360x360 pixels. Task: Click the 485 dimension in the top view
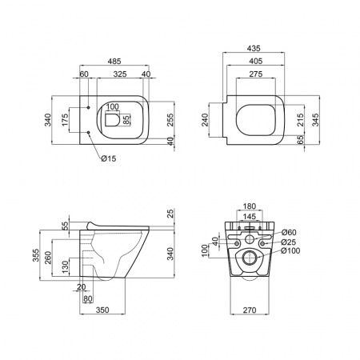pyautogui.click(x=114, y=61)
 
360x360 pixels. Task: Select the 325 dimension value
pyautogui.click(x=120, y=74)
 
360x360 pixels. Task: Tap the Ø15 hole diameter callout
pyautogui.click(x=109, y=158)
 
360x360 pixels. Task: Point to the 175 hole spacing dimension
pyautogui.click(x=65, y=120)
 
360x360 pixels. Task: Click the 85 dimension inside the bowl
pyautogui.click(x=126, y=119)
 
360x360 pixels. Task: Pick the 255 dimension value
pyautogui.click(x=170, y=120)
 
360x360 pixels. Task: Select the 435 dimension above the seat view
pyautogui.click(x=254, y=48)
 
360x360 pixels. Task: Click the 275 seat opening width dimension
pyautogui.click(x=256, y=74)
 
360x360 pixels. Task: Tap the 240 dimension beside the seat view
pyautogui.click(x=205, y=120)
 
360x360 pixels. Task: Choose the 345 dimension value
pyautogui.click(x=315, y=120)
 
